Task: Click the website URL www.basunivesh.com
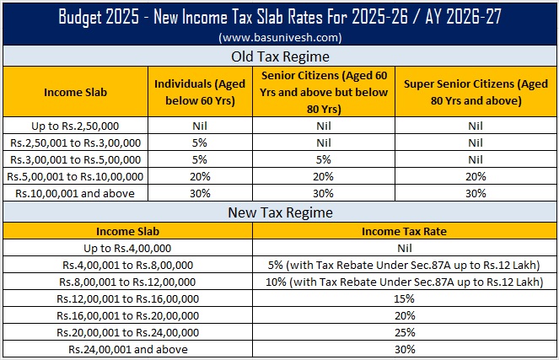point(279,38)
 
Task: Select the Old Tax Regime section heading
point(279,57)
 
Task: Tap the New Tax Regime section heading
point(279,212)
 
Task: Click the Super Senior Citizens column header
point(475,92)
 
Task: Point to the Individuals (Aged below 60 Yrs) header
point(195,92)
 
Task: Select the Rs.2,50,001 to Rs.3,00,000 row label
point(75,142)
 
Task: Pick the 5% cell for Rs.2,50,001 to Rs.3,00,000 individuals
point(195,142)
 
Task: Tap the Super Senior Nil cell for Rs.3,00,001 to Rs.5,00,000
point(475,159)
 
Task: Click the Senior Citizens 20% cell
point(324,176)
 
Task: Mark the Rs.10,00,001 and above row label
point(75,193)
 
